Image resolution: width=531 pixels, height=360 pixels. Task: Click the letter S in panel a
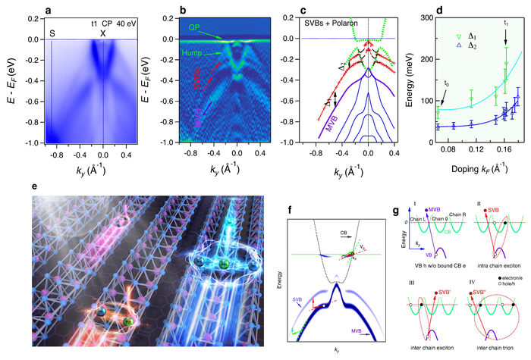coord(52,32)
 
